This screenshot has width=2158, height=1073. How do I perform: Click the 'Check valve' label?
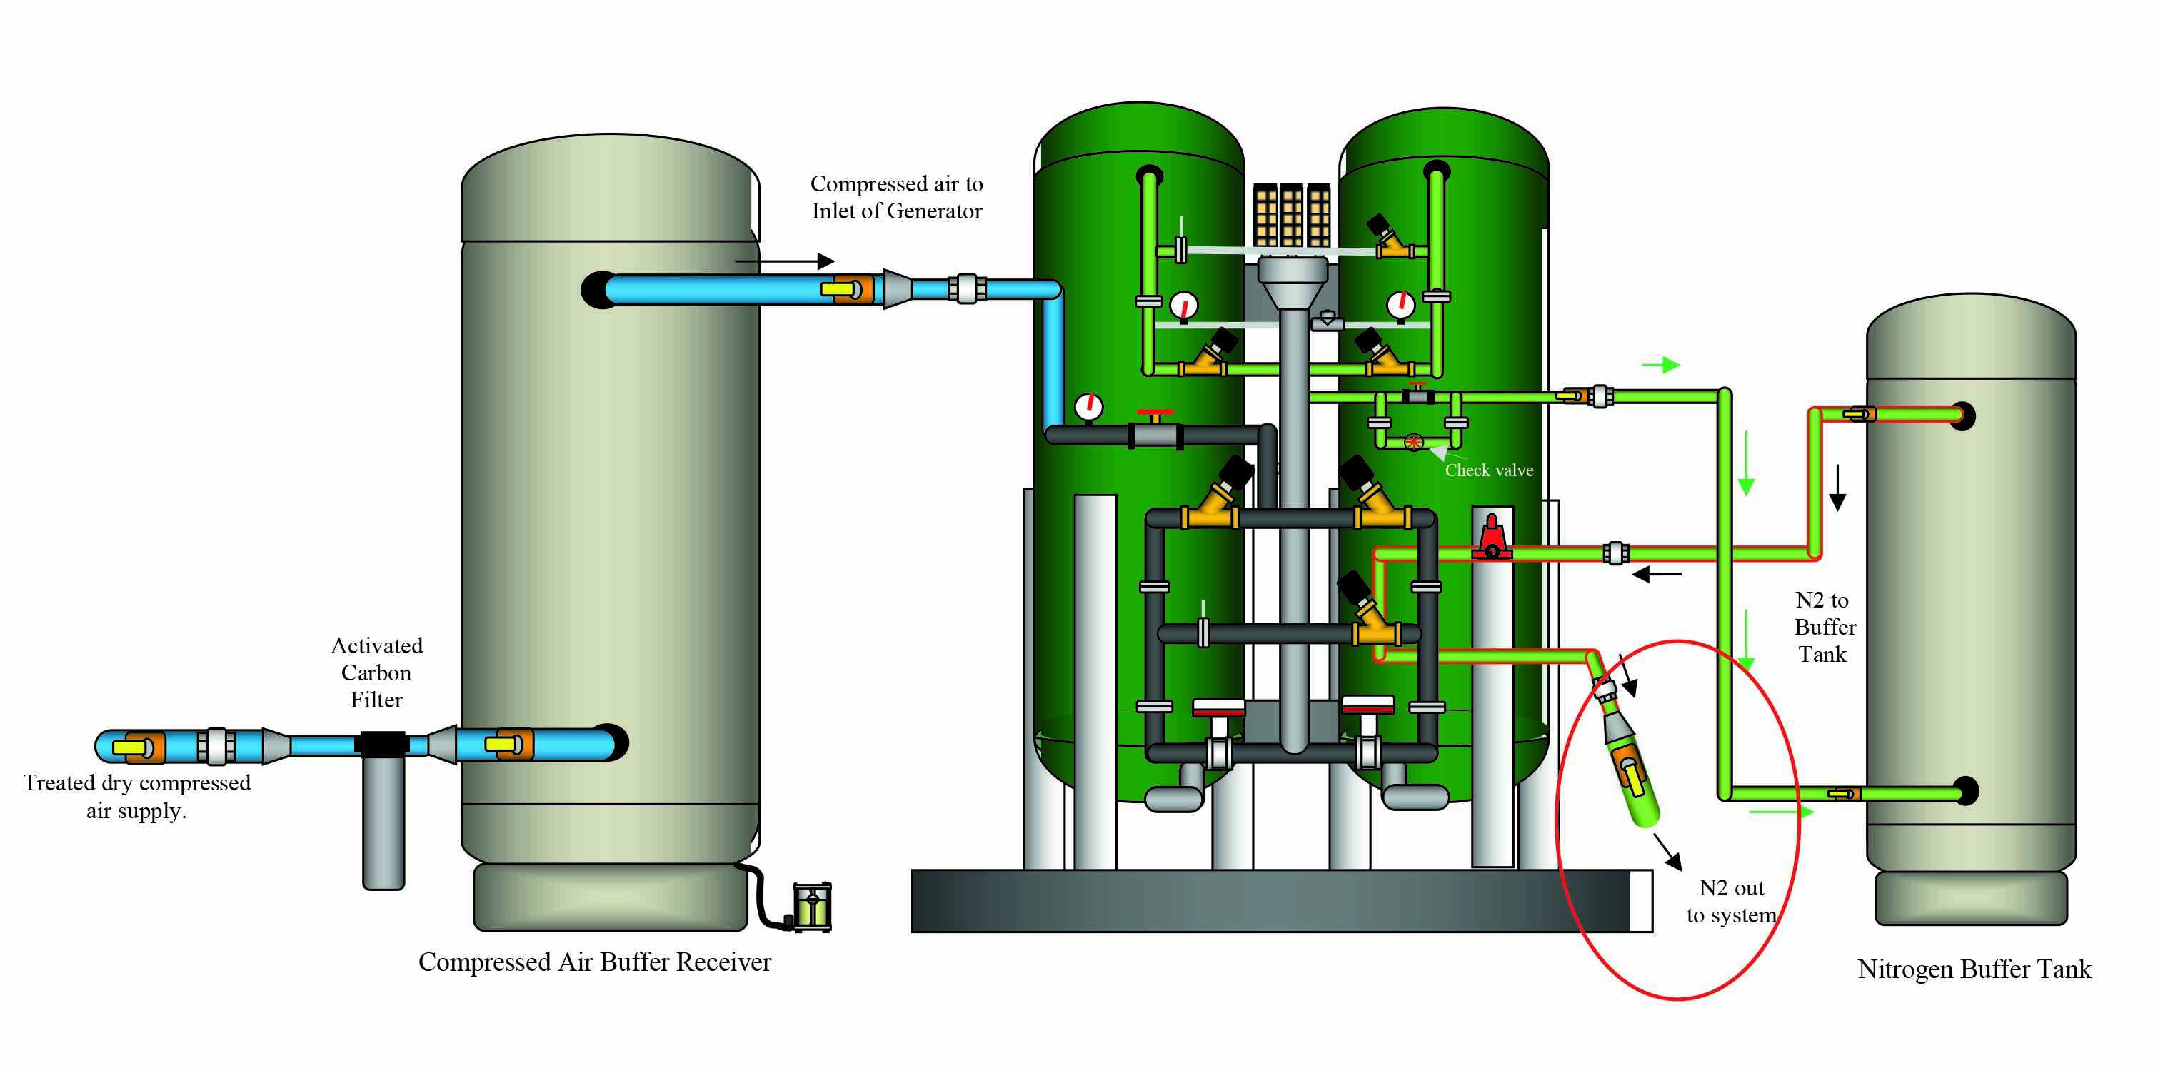[x=1489, y=470]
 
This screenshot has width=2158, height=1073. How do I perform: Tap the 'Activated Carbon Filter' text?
[x=376, y=672]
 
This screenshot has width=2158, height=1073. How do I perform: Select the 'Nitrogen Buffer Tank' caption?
[x=1974, y=969]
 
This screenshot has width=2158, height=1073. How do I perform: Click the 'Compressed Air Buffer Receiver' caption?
[x=594, y=962]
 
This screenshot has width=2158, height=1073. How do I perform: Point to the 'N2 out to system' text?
[x=1731, y=901]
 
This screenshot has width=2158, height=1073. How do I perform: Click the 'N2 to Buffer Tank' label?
[x=1824, y=628]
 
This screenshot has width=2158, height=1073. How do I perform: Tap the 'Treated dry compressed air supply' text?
[x=136, y=797]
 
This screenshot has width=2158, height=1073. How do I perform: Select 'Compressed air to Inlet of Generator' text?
[x=896, y=198]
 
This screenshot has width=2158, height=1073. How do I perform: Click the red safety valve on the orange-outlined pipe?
[x=1491, y=537]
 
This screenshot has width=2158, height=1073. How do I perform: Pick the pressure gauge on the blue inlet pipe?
[x=1088, y=407]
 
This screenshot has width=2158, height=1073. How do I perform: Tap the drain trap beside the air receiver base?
[x=811, y=907]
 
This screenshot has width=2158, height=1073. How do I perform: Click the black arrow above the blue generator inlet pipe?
[x=784, y=261]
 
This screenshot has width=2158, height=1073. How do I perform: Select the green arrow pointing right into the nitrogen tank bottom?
[x=1781, y=812]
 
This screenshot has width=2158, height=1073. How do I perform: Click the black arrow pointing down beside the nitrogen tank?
[x=1837, y=488]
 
